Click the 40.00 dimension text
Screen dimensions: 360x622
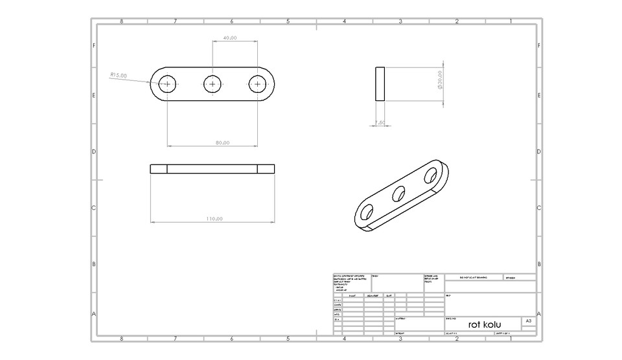click(229, 38)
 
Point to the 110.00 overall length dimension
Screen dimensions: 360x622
click(214, 219)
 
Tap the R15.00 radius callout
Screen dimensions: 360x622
click(119, 75)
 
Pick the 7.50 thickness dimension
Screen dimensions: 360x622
click(380, 122)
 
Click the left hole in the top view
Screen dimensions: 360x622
click(168, 84)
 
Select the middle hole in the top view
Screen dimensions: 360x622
click(213, 84)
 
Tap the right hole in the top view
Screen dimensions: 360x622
click(258, 84)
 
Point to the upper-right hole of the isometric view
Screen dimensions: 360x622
click(431, 175)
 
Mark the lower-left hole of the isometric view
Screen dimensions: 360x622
click(367, 212)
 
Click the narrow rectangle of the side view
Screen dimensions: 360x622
click(380, 84)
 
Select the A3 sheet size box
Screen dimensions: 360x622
click(529, 321)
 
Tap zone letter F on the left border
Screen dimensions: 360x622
click(94, 46)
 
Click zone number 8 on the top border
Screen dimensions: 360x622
click(122, 21)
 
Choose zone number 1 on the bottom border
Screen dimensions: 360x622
click(511, 339)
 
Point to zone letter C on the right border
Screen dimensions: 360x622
click(540, 208)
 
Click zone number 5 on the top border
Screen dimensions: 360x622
click(288, 21)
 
